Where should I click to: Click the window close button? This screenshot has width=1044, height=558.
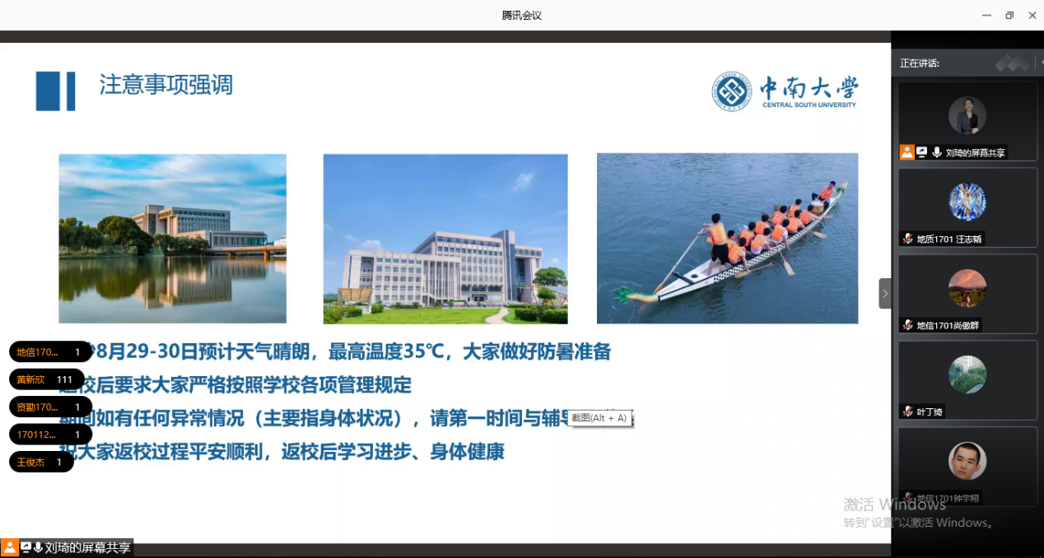[x=1032, y=15]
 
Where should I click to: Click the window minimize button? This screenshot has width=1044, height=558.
[x=986, y=15]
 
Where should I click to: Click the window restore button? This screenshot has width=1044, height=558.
[x=1009, y=15]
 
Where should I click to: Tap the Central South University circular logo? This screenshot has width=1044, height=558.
[x=732, y=91]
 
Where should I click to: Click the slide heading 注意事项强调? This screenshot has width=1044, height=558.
[x=166, y=85]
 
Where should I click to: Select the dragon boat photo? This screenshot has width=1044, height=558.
[x=727, y=238]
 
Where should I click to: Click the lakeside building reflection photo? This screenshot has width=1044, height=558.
[x=172, y=238]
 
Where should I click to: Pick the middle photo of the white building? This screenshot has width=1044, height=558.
[x=445, y=238]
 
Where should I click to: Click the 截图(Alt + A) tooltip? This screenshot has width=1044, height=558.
[x=600, y=418]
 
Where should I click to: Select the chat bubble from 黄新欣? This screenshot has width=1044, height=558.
[x=46, y=379]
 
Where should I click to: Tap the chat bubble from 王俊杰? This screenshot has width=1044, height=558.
[x=41, y=463]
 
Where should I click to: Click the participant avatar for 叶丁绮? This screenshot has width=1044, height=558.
[x=967, y=374]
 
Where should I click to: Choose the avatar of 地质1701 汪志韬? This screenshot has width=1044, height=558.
[x=967, y=202]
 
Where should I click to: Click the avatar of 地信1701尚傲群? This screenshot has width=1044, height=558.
[x=967, y=288]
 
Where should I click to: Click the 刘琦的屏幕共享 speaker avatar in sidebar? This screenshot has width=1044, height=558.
[x=967, y=116]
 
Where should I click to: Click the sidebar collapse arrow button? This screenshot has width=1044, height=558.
[x=885, y=293]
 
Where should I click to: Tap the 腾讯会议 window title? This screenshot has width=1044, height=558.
[x=522, y=15]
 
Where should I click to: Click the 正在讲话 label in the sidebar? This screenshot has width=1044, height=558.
[x=920, y=63]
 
